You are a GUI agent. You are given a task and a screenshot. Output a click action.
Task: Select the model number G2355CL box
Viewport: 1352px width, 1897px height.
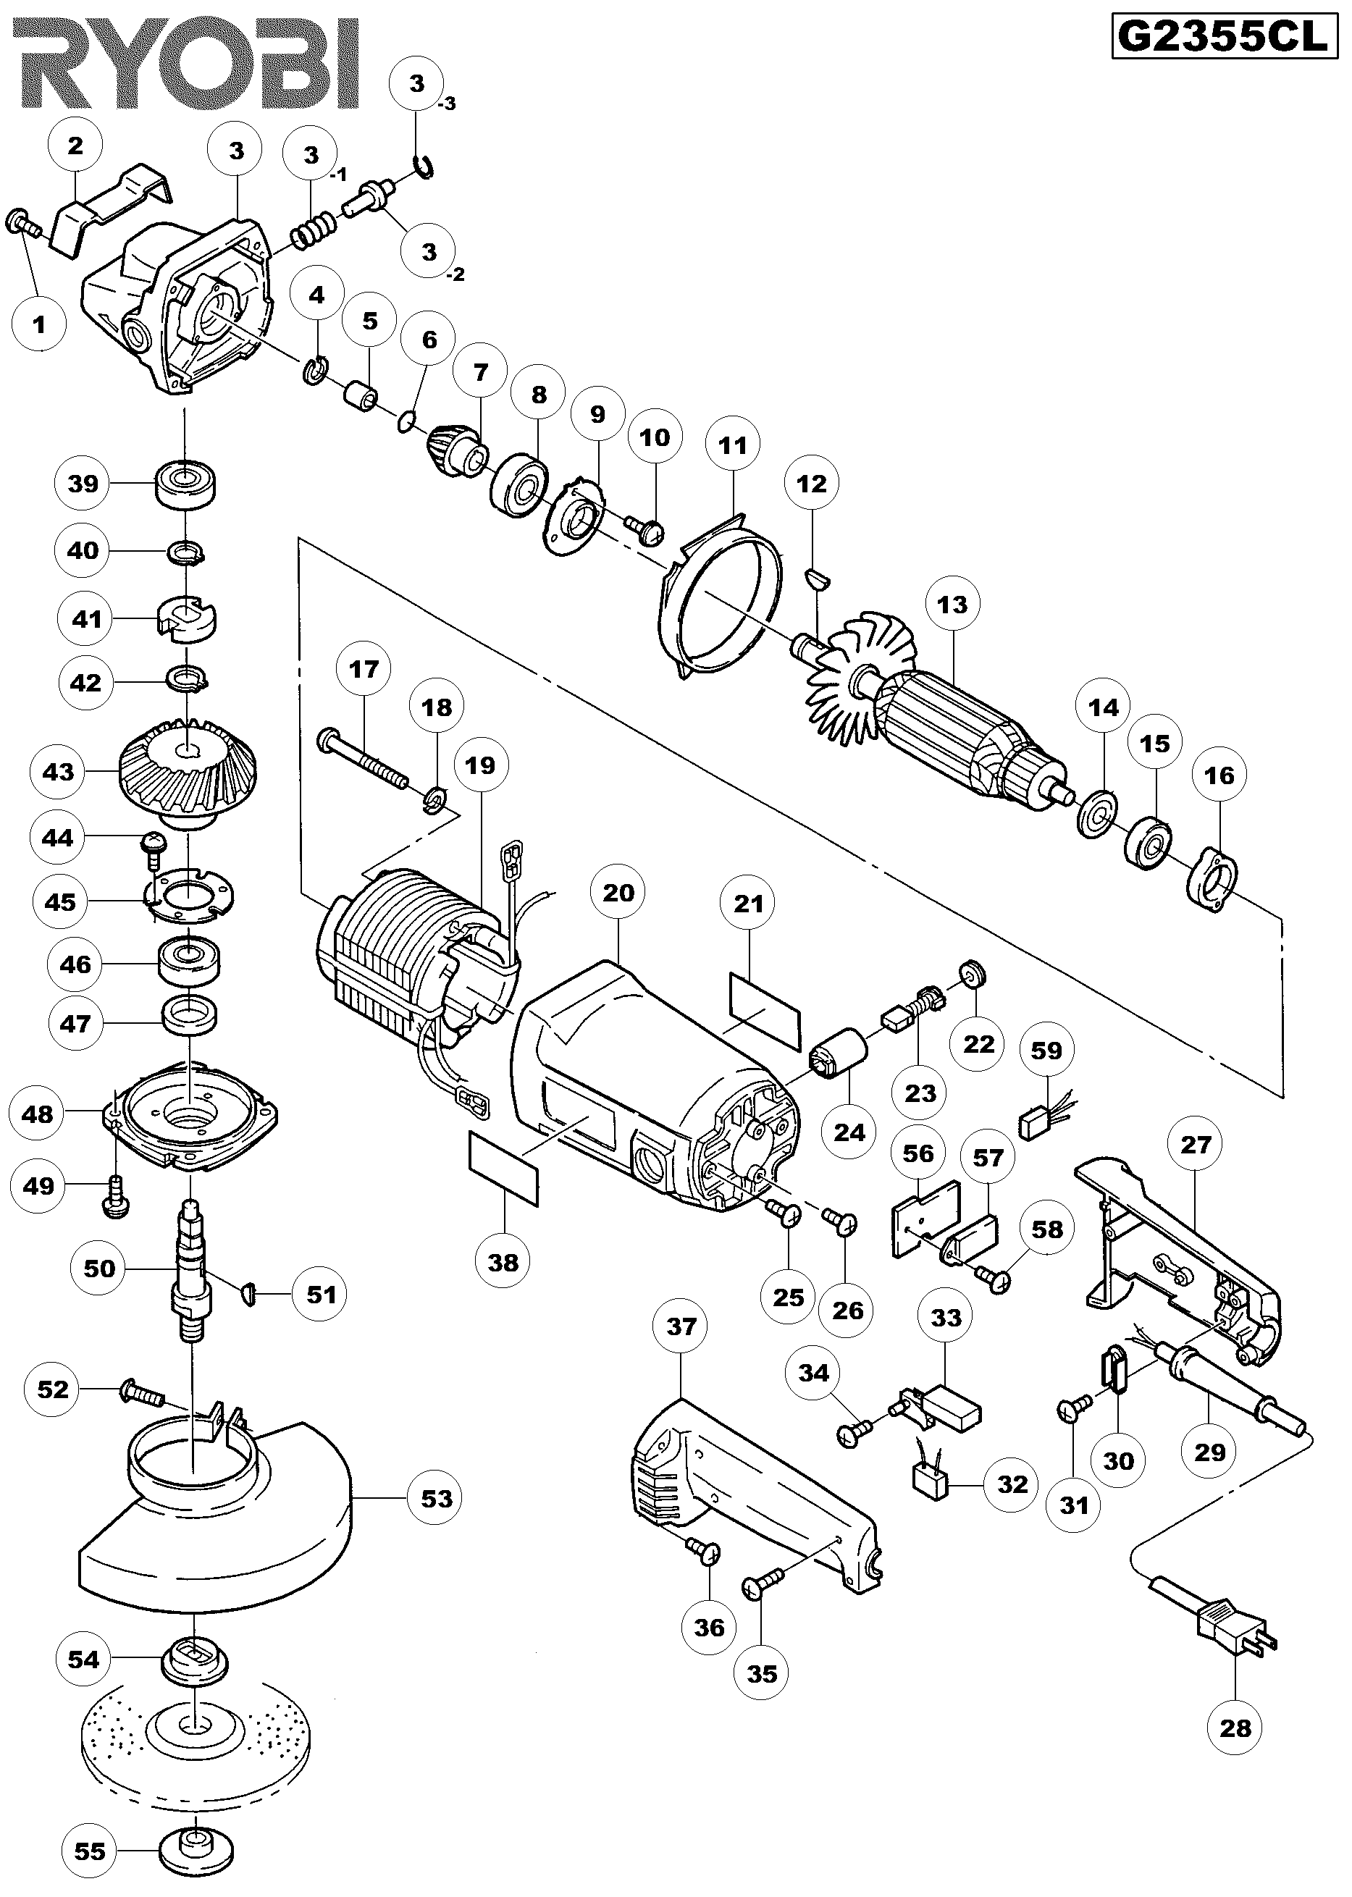[1222, 38]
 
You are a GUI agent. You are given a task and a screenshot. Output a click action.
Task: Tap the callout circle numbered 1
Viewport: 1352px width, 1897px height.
[40, 324]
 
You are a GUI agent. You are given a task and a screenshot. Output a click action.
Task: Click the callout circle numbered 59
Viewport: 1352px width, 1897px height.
[1046, 1051]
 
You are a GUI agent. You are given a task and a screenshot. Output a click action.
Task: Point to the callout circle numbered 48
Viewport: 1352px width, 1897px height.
[38, 1114]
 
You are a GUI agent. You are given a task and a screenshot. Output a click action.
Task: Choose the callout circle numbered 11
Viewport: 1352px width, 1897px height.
[733, 445]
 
